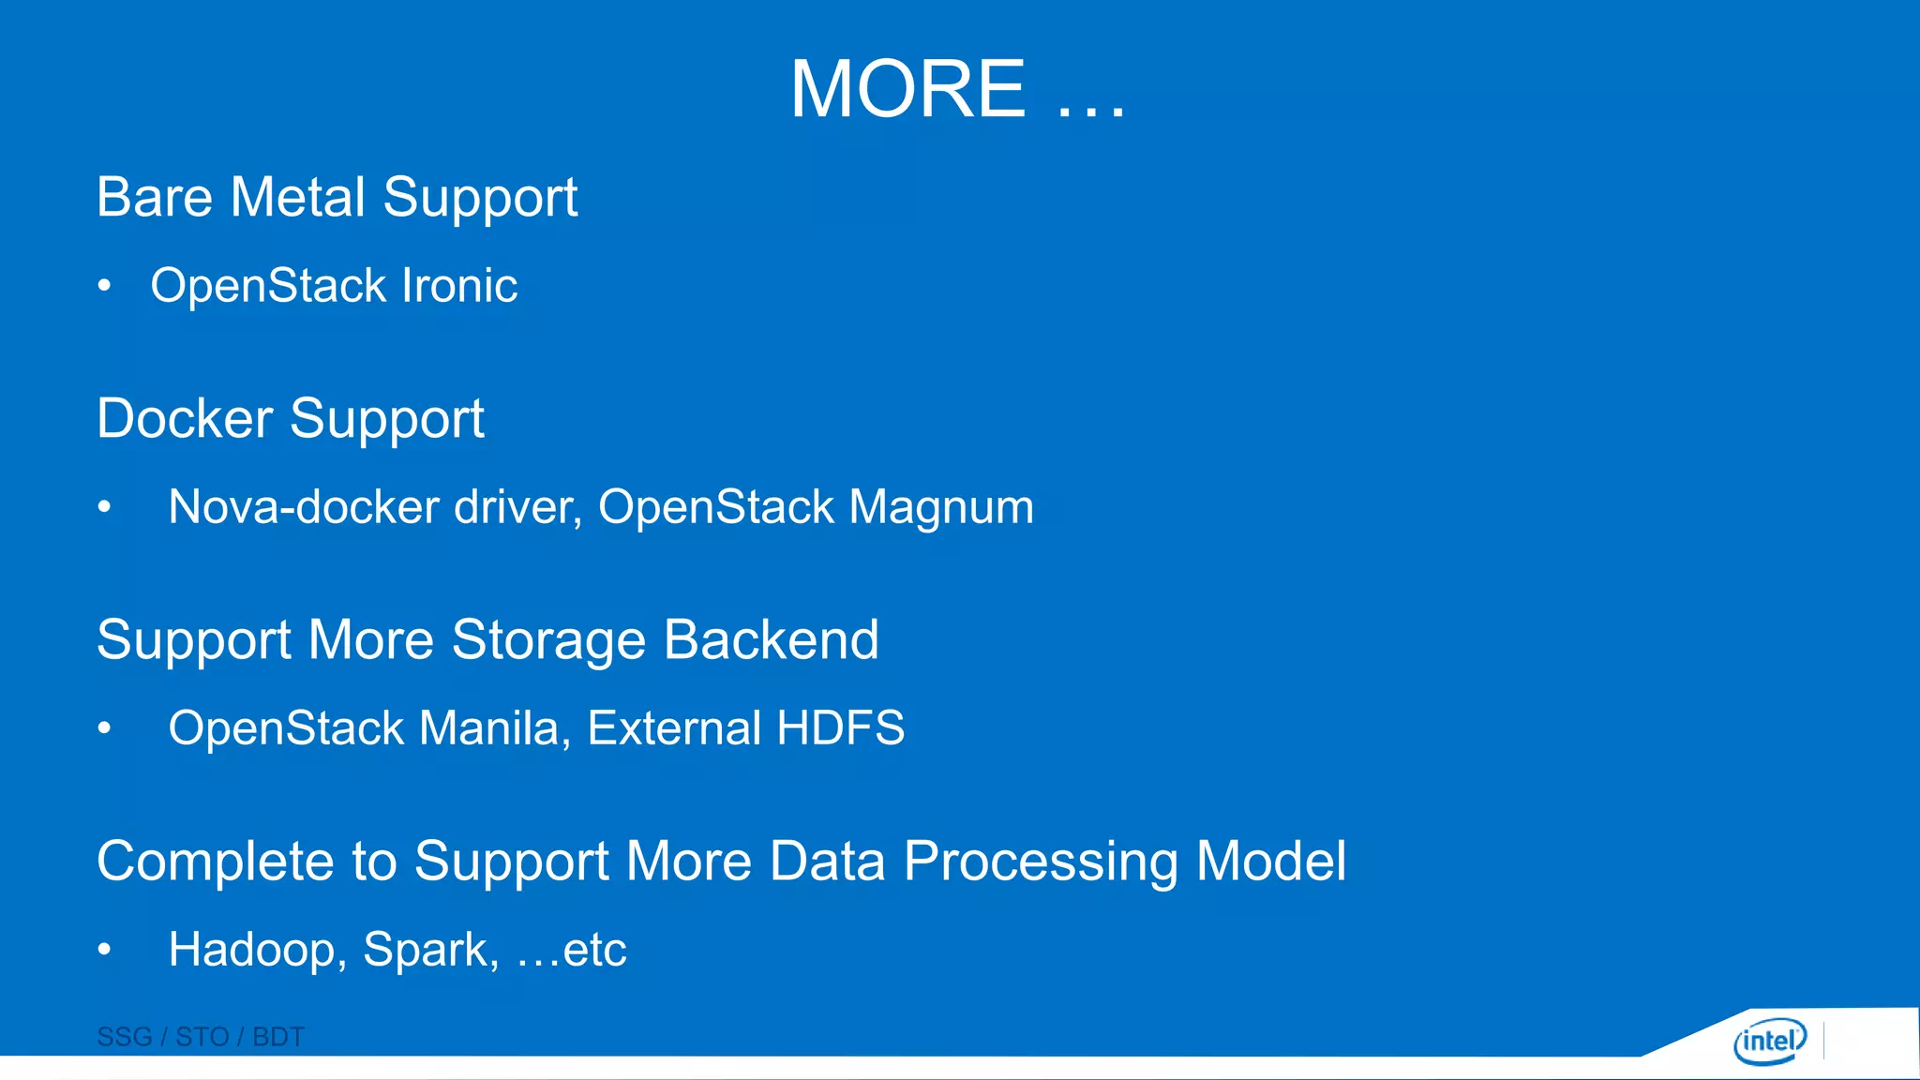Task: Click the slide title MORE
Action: click(x=907, y=89)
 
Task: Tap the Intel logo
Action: click(x=1769, y=1041)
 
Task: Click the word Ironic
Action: click(x=459, y=285)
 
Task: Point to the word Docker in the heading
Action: click(x=185, y=418)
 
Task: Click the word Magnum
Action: click(x=941, y=507)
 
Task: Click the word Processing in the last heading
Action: click(x=1041, y=862)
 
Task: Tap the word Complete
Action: click(x=216, y=862)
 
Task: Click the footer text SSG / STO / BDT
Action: click(x=201, y=1037)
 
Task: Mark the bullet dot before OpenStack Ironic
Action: click(x=105, y=285)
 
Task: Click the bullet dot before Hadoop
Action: click(x=105, y=950)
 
